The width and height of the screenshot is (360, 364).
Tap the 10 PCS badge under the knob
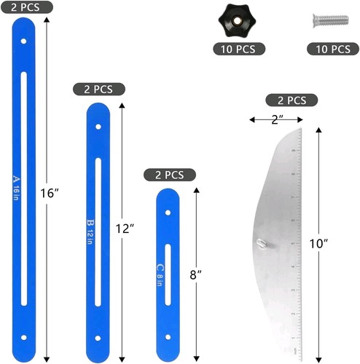233,50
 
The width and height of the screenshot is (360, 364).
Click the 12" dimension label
125,228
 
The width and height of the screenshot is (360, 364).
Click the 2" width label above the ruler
275,119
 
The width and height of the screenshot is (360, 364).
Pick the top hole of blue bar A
23,41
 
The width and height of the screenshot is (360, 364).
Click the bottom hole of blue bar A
23,338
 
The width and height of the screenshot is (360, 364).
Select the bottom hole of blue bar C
168,338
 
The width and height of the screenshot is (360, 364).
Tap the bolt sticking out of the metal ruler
263,245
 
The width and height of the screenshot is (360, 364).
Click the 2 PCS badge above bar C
169,175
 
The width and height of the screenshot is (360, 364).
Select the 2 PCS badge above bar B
99,89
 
